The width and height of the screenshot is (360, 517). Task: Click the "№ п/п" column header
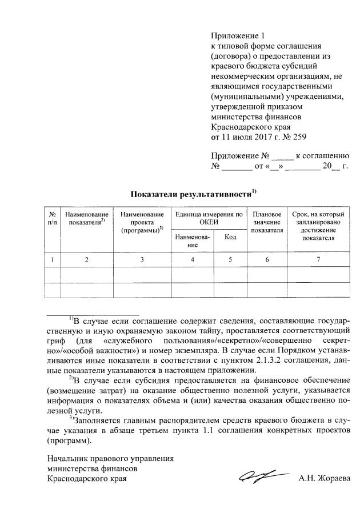tap(53, 218)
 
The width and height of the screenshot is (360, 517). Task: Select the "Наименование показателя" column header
tap(87, 218)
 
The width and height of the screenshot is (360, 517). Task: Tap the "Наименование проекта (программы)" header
tap(142, 222)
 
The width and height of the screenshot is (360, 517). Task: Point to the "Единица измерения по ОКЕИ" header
tap(209, 218)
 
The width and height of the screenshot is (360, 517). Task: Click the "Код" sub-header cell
tap(230, 237)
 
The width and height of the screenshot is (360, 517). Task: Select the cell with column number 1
tap(53, 260)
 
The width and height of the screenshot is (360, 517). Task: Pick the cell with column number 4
tap(192, 260)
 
